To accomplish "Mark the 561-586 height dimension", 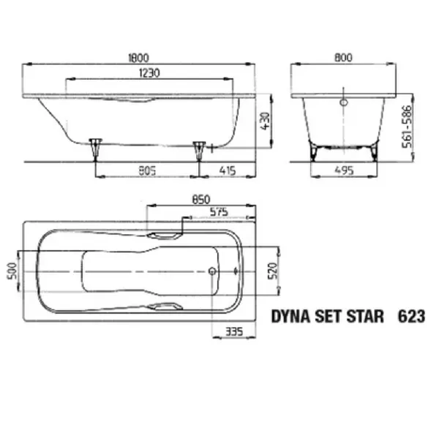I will coord(417,124).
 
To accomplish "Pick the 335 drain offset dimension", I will coord(233,332).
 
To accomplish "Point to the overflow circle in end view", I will coord(343,102).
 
